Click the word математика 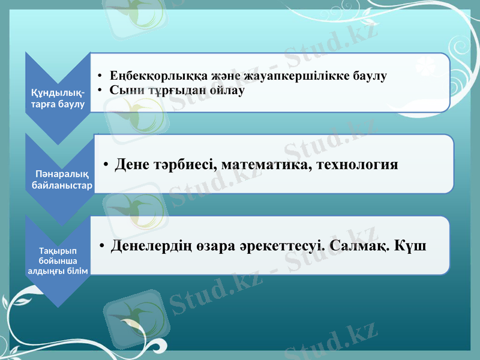click(x=263, y=164)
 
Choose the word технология click(x=356, y=164)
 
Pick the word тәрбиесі click(x=187, y=164)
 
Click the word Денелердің click(x=151, y=246)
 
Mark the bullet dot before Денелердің click(x=102, y=247)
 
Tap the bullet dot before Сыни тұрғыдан click(x=102, y=91)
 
